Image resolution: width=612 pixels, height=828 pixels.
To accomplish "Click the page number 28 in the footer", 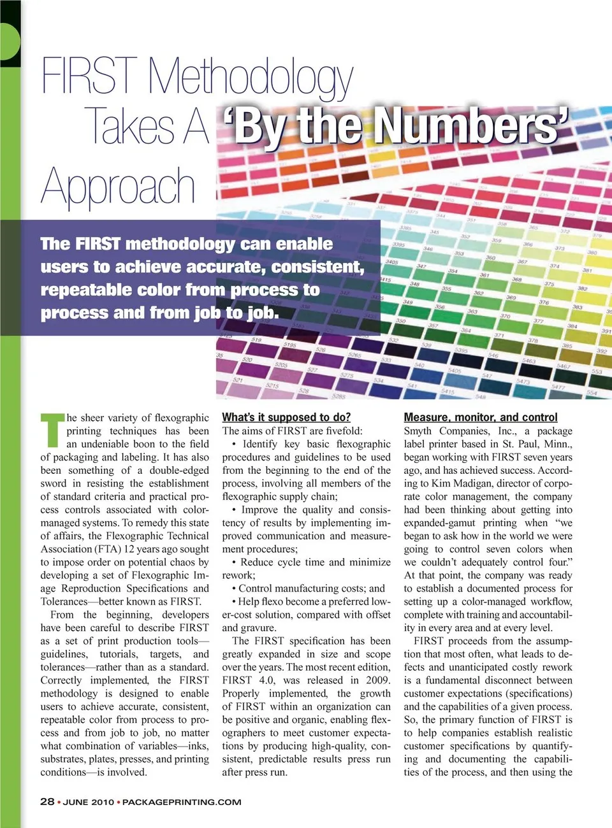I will coord(47,801).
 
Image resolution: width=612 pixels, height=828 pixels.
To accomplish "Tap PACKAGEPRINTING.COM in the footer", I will coord(182,802).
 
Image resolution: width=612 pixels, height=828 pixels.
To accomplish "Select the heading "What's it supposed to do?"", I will coord(286,417).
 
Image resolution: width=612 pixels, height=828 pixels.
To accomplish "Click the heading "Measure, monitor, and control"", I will coord(481,417).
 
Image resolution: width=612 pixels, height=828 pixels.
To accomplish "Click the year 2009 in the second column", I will coord(378,680).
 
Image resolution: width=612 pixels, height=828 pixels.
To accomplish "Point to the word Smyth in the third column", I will coord(418,431).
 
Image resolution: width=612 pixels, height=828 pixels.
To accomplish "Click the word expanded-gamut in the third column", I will coord(439,523).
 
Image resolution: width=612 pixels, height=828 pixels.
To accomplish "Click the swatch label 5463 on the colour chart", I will coord(528,361).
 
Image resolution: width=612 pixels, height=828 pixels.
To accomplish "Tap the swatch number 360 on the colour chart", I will coord(490,258).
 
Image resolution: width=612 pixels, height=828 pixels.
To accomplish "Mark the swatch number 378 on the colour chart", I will coord(532,341).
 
